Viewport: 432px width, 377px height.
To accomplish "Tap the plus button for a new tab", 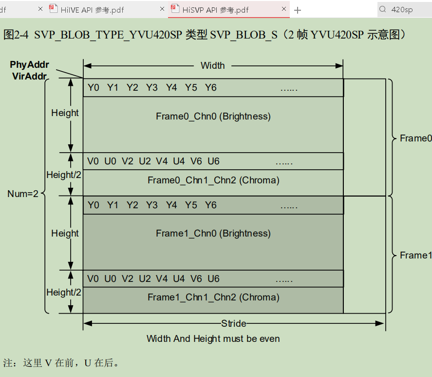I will [x=298, y=10].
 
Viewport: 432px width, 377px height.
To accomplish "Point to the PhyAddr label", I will [x=29, y=65].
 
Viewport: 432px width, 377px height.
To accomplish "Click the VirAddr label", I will [x=30, y=76].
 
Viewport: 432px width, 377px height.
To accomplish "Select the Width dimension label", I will [x=213, y=65].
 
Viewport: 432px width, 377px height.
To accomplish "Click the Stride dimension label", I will [x=234, y=323].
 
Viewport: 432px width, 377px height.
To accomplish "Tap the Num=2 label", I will [x=23, y=194].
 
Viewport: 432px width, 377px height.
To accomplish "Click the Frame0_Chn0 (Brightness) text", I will [x=213, y=116].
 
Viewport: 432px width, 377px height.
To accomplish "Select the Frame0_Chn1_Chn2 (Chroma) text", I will [x=213, y=180].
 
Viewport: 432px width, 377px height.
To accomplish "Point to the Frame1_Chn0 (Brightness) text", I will [x=213, y=233].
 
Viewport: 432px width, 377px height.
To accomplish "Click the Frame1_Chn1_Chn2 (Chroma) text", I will [x=213, y=297].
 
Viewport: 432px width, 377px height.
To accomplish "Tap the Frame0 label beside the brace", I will [x=415, y=138].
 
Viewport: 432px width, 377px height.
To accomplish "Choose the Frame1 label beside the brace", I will [x=415, y=255].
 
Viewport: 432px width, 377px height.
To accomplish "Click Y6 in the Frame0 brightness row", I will [x=210, y=88].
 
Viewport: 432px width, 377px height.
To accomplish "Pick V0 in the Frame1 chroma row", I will [x=93, y=278].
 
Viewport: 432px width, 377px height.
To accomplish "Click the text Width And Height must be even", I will [x=213, y=338].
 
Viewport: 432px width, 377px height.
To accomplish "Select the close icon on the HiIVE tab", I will [x=162, y=9].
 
